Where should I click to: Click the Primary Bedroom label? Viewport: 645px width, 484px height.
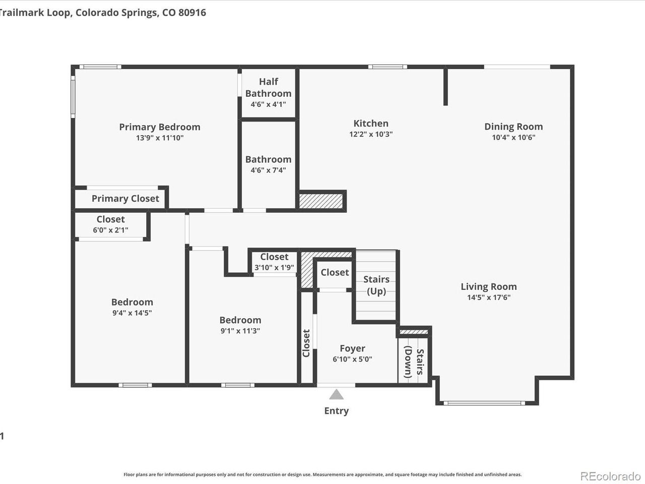(x=160, y=127)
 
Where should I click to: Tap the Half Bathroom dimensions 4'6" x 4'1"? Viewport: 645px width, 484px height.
(x=268, y=104)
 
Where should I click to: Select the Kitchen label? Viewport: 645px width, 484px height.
(x=371, y=124)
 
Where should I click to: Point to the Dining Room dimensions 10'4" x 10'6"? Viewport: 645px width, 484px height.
(x=513, y=137)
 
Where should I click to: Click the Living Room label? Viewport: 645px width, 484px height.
(x=489, y=286)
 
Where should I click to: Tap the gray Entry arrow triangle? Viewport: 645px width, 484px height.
(x=336, y=394)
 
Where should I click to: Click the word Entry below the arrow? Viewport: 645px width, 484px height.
(x=337, y=411)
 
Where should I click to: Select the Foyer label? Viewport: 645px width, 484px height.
(x=352, y=348)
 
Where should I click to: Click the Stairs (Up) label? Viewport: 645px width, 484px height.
(x=376, y=285)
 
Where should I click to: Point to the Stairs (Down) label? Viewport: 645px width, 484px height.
(x=414, y=362)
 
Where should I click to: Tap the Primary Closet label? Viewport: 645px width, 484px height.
(x=125, y=199)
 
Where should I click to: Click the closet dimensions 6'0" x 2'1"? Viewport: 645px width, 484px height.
(x=110, y=230)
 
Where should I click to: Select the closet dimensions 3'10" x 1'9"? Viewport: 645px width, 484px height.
(x=274, y=268)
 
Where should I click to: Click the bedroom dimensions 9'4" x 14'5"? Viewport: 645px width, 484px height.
(x=132, y=313)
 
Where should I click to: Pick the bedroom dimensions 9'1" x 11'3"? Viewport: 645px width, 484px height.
(x=240, y=331)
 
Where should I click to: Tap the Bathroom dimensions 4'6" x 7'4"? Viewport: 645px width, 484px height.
(x=268, y=170)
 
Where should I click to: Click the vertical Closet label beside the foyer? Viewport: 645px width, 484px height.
(x=306, y=343)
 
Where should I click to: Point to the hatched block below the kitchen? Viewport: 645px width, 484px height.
(x=321, y=201)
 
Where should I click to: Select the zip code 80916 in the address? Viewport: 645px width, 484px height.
(x=192, y=13)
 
